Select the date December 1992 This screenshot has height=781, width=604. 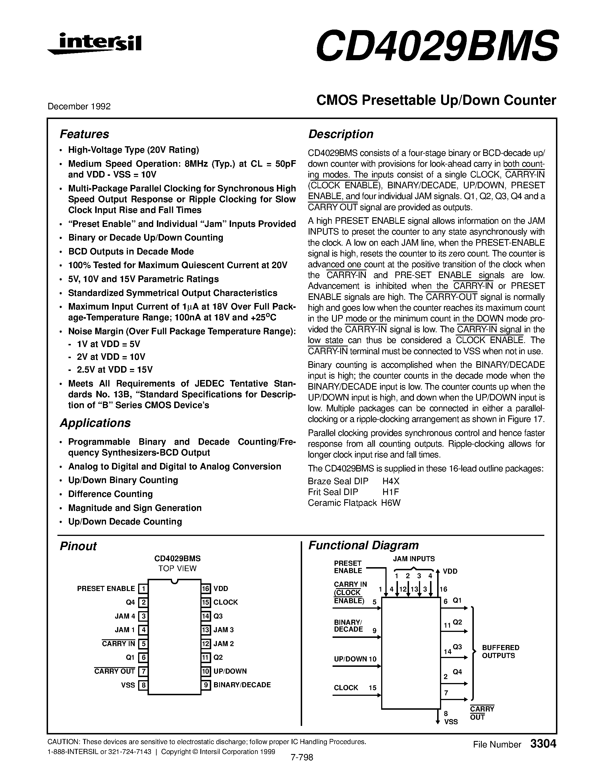tap(79, 106)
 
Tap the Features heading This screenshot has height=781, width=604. tap(84, 134)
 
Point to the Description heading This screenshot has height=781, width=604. tap(341, 134)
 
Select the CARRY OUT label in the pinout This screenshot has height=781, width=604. tap(115, 671)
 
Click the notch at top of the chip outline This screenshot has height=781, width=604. tap(174, 581)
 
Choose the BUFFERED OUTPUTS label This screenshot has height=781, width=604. tap(500, 651)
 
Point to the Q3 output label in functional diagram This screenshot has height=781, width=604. tap(457, 647)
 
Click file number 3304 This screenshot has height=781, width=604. tap(543, 744)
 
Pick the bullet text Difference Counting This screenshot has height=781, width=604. tap(110, 494)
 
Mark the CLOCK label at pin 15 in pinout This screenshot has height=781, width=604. tap(225, 602)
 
